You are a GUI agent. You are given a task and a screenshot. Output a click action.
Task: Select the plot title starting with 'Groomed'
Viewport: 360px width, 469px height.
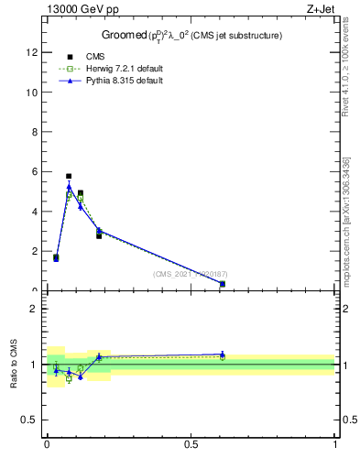pos(191,35)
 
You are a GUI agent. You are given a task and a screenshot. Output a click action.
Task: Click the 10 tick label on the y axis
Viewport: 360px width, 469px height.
pos(32,93)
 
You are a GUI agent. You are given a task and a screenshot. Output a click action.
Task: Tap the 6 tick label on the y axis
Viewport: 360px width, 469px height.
pos(35,171)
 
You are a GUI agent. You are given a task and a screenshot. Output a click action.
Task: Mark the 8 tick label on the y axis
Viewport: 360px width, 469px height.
pos(35,132)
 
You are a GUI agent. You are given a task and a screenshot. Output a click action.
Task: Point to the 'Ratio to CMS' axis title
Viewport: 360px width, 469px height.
pos(14,364)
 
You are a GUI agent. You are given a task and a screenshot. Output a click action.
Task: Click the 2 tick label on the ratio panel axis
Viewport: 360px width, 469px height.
pos(35,309)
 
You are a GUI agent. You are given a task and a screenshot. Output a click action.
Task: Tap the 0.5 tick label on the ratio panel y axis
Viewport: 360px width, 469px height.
pos(30,420)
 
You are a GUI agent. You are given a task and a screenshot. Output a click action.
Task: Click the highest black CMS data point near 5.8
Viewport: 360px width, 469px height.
pos(69,176)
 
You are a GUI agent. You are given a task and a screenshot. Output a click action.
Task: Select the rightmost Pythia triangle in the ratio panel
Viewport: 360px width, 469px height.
pos(223,354)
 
